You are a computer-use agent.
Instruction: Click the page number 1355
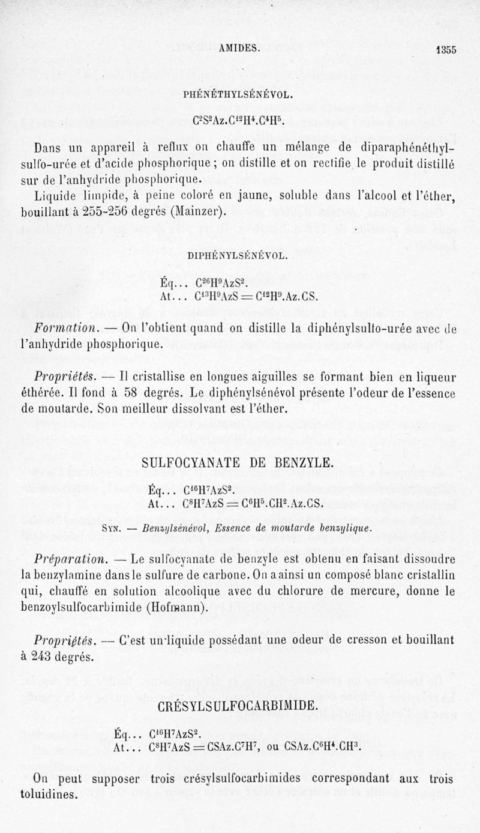446,50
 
